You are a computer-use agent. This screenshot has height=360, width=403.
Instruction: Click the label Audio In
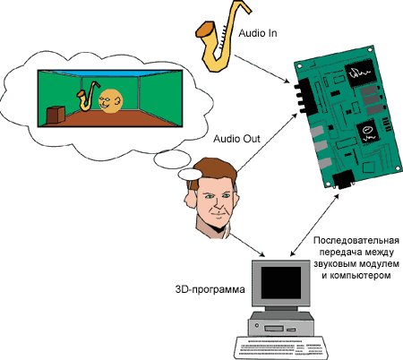pyautogui.click(x=258, y=33)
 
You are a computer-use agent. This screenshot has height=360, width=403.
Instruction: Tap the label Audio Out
pyautogui.click(x=236, y=139)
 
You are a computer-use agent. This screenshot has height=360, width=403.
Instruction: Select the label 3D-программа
pyautogui.click(x=210, y=289)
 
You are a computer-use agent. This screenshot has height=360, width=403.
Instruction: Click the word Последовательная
pyautogui.click(x=356, y=241)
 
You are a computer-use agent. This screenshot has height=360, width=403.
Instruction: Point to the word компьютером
pyautogui.click(x=360, y=275)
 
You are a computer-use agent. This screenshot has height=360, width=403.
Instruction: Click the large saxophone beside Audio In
pyautogui.click(x=222, y=36)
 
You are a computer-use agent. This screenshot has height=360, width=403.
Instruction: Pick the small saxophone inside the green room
pyautogui.click(x=88, y=96)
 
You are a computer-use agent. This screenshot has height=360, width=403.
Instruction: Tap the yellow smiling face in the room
pyautogui.click(x=110, y=100)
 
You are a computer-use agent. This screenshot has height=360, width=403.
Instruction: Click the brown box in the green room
pyautogui.click(x=56, y=116)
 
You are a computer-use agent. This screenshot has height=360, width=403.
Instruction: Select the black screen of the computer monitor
pyautogui.click(x=281, y=283)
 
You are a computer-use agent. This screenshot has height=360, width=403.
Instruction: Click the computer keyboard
pyautogui.click(x=280, y=347)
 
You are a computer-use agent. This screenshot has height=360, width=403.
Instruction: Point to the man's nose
pyautogui.click(x=219, y=204)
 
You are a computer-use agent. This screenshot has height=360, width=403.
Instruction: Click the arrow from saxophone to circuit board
pyautogui.click(x=262, y=69)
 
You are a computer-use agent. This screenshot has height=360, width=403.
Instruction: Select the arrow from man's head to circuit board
pyautogui.click(x=267, y=142)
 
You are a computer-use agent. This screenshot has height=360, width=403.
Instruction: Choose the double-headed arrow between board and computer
pyautogui.click(x=314, y=225)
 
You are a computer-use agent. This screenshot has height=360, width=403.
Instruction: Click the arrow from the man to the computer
pyautogui.click(x=247, y=245)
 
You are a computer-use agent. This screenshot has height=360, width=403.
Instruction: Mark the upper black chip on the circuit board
pyautogui.click(x=360, y=73)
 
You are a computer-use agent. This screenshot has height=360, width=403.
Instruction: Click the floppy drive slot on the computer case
pyautogui.click(x=274, y=329)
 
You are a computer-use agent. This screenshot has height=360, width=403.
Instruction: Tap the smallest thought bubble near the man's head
pyautogui.click(x=190, y=175)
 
